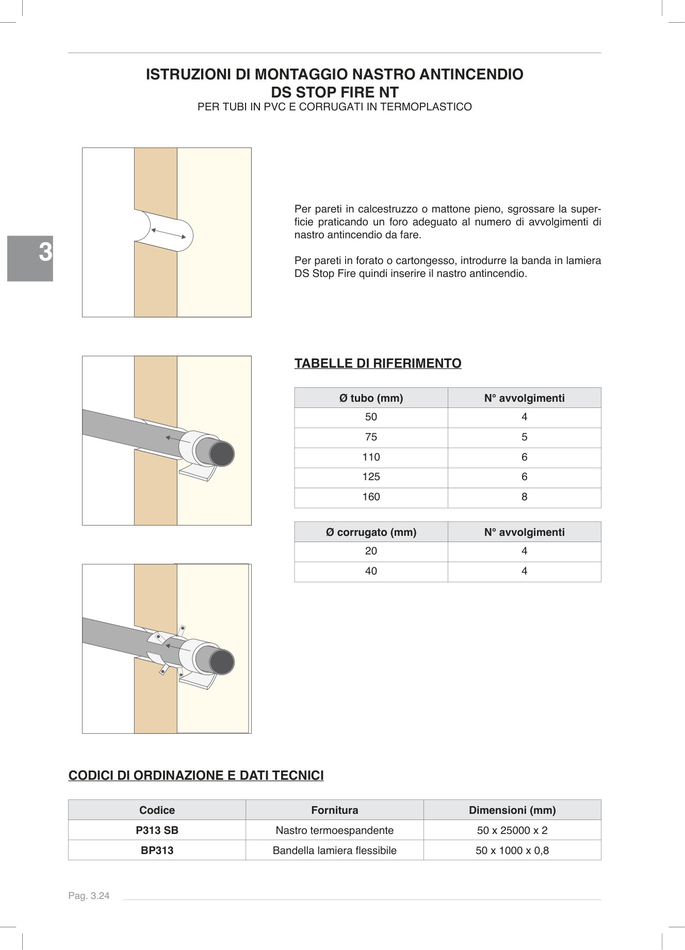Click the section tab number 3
tap(45, 253)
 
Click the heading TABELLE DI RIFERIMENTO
tap(378, 364)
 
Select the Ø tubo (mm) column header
tap(371, 398)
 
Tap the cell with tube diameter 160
tap(371, 497)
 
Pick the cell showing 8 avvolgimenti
tap(524, 497)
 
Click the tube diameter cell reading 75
tap(371, 437)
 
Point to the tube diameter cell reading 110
tap(371, 457)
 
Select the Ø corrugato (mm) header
tap(371, 532)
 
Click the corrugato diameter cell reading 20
tap(371, 551)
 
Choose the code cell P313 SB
tap(157, 830)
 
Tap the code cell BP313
tap(157, 850)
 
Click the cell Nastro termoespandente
tap(334, 830)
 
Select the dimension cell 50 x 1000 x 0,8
tap(512, 850)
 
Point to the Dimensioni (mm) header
tap(512, 810)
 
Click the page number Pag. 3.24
tap(89, 896)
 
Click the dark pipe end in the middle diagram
tap(222, 454)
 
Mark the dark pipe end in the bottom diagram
tap(222, 662)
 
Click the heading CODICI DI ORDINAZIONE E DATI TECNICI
tap(196, 776)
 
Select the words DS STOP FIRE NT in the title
tap(335, 92)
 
